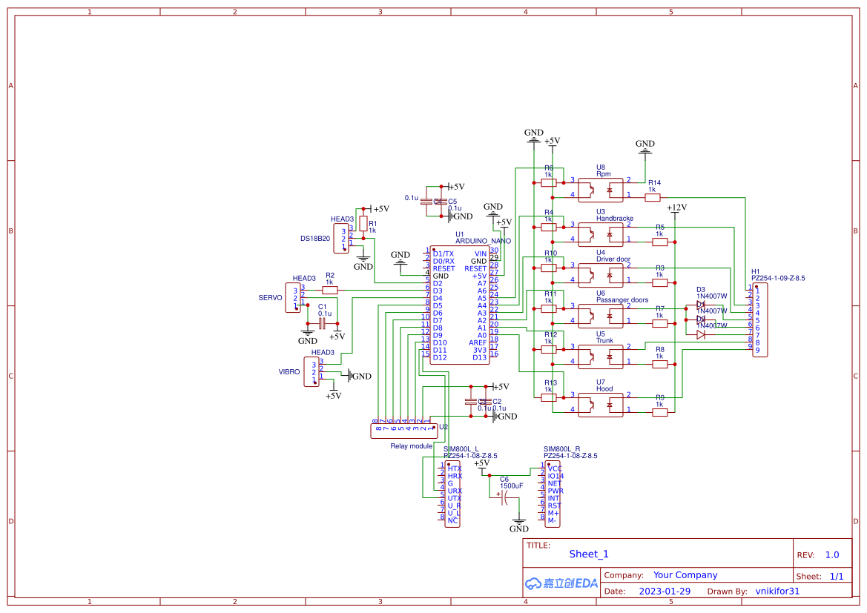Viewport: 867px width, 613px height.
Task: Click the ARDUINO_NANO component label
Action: point(483,241)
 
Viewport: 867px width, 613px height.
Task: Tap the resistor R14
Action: point(653,197)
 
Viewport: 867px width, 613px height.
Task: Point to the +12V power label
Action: point(676,208)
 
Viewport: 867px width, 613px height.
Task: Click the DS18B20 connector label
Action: point(314,239)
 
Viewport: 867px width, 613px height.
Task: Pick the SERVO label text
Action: point(270,297)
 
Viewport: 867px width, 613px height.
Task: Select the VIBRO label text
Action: point(289,372)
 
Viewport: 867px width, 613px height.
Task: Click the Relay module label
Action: point(411,446)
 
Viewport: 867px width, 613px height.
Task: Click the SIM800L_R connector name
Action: point(561,449)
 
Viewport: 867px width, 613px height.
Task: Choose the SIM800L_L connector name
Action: point(461,449)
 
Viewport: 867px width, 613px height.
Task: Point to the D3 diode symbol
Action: point(701,305)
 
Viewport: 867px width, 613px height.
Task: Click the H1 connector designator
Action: point(755,271)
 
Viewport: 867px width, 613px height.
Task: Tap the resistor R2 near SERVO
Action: point(329,290)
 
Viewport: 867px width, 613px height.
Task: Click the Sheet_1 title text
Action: point(589,554)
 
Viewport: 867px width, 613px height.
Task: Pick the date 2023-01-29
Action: point(664,592)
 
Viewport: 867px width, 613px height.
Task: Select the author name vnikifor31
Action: point(777,592)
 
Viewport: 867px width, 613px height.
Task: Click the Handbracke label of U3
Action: point(615,219)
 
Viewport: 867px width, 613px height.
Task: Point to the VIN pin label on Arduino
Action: point(480,254)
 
